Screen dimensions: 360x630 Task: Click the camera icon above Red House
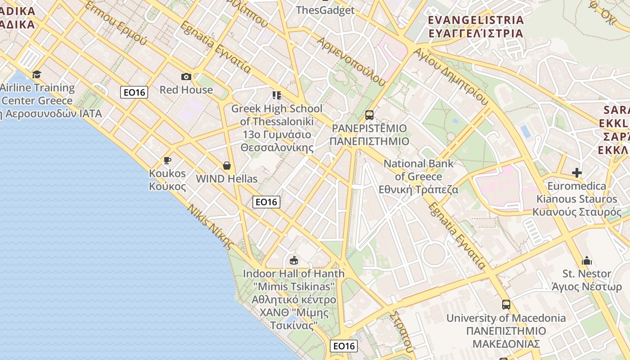(x=186, y=77)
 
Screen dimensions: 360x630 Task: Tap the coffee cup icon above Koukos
(x=167, y=160)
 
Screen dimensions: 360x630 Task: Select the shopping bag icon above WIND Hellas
(x=227, y=166)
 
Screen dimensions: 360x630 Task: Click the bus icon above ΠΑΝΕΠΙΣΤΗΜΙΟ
(x=369, y=115)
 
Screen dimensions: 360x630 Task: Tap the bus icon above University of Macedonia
(x=506, y=305)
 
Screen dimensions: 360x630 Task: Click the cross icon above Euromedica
(x=577, y=173)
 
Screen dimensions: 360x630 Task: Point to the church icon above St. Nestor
(x=587, y=261)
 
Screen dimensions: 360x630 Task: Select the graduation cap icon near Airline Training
(x=37, y=74)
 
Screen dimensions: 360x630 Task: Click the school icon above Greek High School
(x=276, y=95)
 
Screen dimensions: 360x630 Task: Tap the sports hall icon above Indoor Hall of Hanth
(x=294, y=260)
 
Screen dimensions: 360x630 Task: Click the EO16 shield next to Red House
(x=135, y=93)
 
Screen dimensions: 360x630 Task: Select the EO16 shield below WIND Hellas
(x=266, y=202)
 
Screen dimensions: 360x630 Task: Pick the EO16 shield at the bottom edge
(x=344, y=346)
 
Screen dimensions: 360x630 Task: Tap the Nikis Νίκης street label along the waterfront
(x=210, y=227)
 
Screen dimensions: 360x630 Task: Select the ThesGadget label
(x=325, y=10)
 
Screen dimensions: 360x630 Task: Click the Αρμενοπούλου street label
(x=351, y=61)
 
